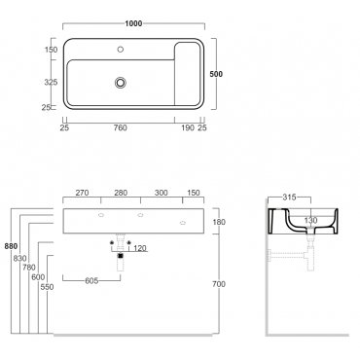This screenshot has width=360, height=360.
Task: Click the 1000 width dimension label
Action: (x=133, y=23)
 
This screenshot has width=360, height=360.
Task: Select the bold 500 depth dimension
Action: (x=216, y=74)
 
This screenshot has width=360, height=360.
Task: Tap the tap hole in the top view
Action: (x=121, y=50)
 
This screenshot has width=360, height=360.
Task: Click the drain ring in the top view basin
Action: (x=121, y=83)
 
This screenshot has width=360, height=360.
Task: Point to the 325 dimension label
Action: (x=51, y=83)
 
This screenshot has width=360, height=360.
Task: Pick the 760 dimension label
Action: (x=121, y=128)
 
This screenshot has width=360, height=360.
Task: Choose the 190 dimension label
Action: (x=188, y=128)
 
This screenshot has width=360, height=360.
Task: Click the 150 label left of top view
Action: (x=51, y=50)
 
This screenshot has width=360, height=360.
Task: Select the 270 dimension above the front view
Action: (x=82, y=193)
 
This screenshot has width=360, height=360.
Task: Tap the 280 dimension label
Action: (x=121, y=193)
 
